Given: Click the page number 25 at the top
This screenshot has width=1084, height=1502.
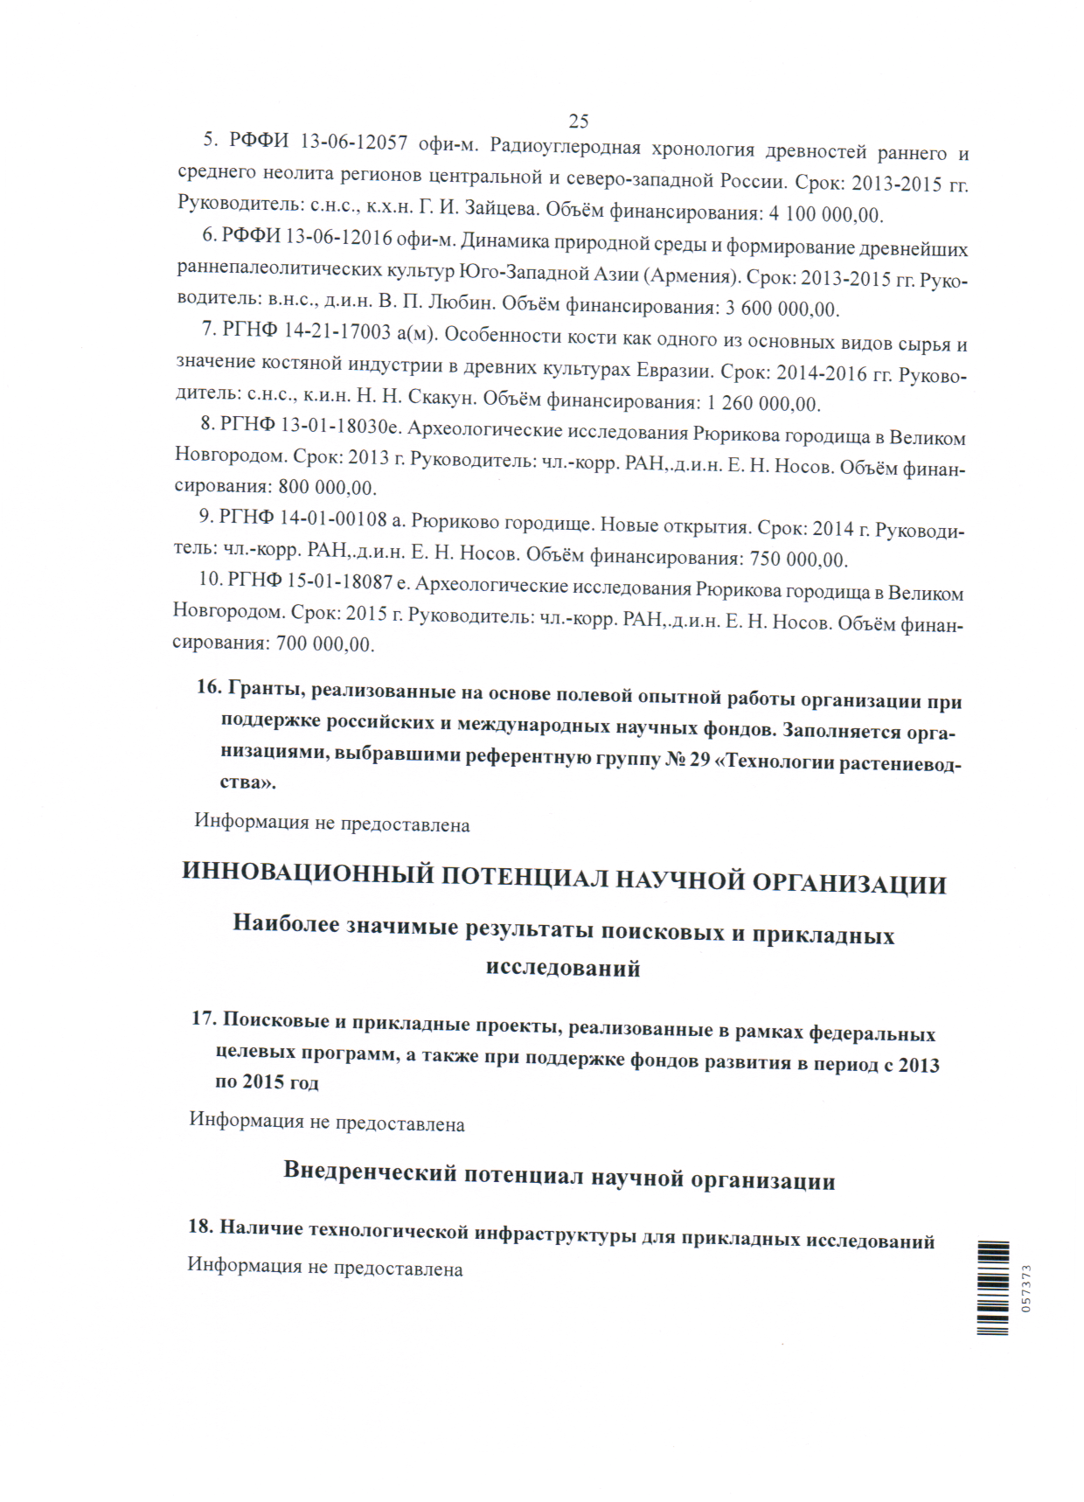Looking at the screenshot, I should click(578, 121).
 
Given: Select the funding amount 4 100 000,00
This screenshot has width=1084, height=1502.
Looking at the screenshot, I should click(825, 214).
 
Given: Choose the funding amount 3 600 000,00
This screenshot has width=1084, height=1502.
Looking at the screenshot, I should click(782, 309).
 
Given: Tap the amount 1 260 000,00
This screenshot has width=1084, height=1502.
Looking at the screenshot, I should click(761, 404).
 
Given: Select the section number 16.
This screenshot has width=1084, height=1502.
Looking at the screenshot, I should click(208, 687).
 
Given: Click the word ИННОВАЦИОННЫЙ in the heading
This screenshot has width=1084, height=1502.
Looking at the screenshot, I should click(308, 873).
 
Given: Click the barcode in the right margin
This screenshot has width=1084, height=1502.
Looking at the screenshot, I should click(993, 1287).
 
